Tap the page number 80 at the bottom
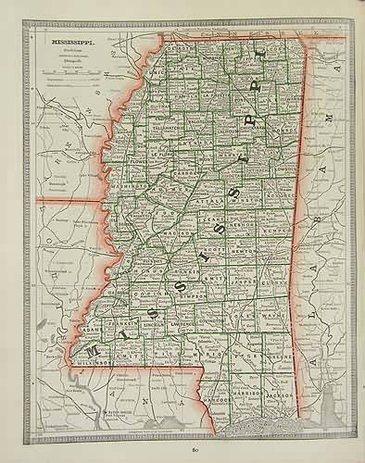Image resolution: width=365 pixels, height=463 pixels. click(195, 450)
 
